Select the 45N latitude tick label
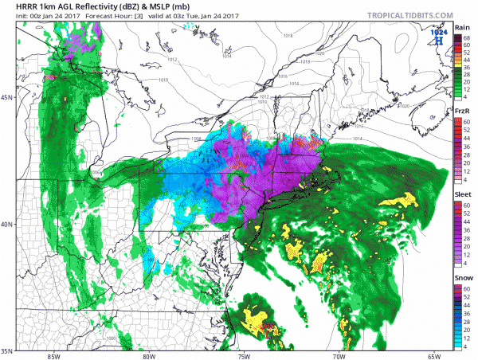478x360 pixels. [7, 97]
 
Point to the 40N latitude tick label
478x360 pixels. [7, 225]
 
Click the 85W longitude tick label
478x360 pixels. [53, 355]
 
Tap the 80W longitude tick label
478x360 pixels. [149, 355]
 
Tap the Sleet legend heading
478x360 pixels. [462, 194]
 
